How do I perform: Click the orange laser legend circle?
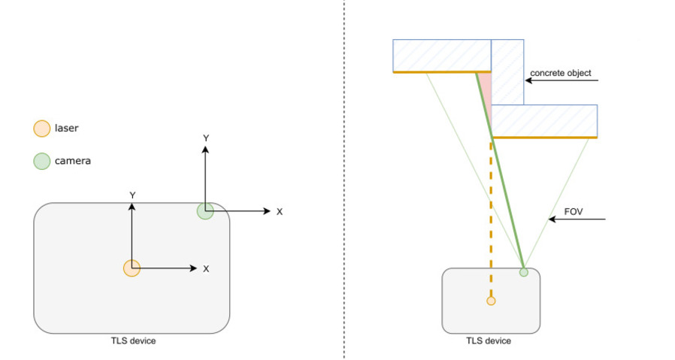click(x=42, y=129)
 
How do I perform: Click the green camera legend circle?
click(x=42, y=160)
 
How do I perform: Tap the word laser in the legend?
click(x=66, y=129)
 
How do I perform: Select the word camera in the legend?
click(x=73, y=160)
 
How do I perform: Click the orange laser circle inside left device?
click(x=132, y=268)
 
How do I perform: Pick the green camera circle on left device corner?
click(x=205, y=211)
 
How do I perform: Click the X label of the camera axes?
click(x=280, y=212)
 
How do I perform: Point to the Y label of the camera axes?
click(x=206, y=138)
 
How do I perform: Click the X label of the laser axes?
click(x=206, y=268)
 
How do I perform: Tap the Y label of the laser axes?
click(x=132, y=195)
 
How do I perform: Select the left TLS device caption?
click(x=132, y=341)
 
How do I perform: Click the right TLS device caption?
click(x=489, y=341)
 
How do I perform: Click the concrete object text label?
click(x=561, y=74)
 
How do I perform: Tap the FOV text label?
click(x=574, y=211)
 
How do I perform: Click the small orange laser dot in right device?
click(x=491, y=301)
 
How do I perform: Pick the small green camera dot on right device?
click(x=524, y=271)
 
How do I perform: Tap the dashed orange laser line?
click(x=491, y=218)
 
